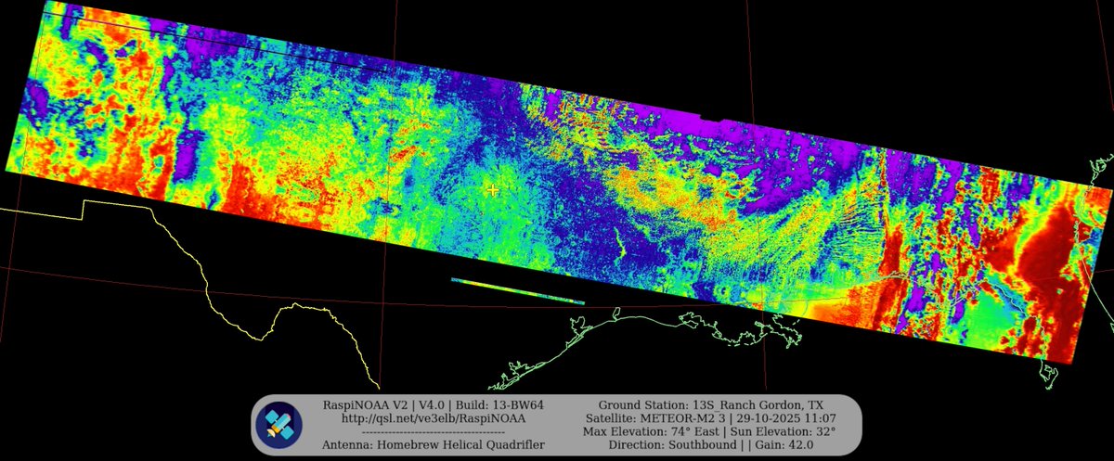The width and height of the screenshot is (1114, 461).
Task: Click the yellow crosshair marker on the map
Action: pyautogui.click(x=493, y=189)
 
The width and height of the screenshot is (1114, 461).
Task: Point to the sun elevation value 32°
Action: pyautogui.click(x=823, y=431)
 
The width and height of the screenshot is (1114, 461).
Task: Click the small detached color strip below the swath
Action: pyautogui.click(x=518, y=291)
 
